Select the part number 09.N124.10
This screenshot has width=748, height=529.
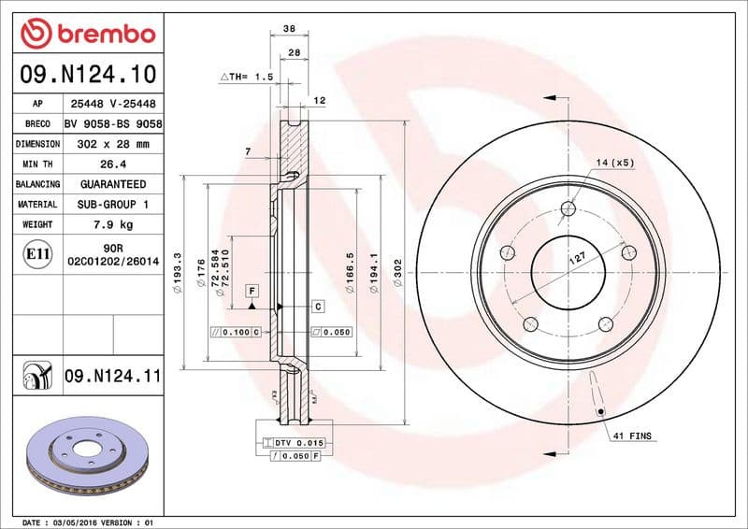pos(87,75)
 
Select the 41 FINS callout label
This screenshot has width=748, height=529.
pos(633,436)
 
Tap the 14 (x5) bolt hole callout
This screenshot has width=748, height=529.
pos(614,163)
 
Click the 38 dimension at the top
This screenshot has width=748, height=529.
pos(288,30)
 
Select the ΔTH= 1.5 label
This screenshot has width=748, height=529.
pos(246,78)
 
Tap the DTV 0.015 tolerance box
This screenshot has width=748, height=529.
pos(296,441)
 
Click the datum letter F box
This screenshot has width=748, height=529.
pos(252,291)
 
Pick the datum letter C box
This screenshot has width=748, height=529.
pos(317,306)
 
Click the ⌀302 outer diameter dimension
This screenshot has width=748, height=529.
pos(397,272)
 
